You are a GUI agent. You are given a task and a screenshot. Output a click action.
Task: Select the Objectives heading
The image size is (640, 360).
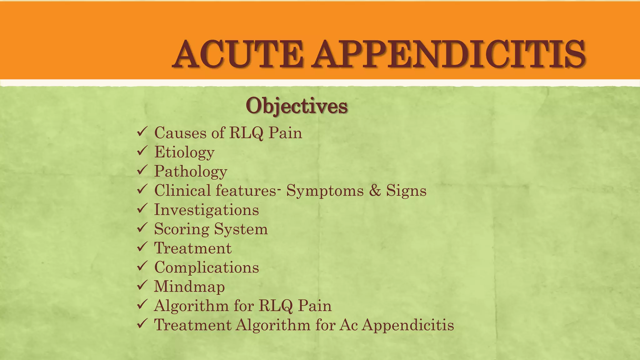click(296, 106)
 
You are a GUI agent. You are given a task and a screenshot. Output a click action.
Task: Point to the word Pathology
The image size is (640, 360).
click(191, 172)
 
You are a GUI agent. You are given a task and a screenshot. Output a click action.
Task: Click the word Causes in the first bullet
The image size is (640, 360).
click(180, 133)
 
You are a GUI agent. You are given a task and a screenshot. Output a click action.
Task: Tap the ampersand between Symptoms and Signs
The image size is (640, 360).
click(375, 191)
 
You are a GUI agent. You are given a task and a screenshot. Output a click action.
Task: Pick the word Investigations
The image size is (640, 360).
click(207, 210)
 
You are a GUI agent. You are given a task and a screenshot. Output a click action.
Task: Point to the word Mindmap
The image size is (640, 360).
click(189, 287)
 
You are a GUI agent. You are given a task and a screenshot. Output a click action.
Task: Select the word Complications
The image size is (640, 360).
click(207, 267)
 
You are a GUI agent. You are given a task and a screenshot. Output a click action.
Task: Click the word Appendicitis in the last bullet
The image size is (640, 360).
click(408, 325)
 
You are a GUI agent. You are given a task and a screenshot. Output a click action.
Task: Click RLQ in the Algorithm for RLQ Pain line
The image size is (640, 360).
click(276, 306)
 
